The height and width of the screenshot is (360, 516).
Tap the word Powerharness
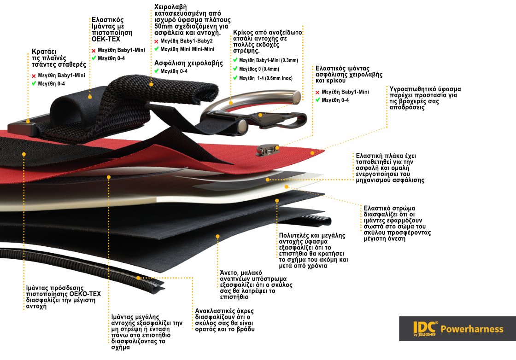pyautogui.click(x=472, y=329)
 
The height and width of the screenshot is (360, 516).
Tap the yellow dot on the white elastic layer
pyautogui.click(x=287, y=186)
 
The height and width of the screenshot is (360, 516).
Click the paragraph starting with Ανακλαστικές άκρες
pyautogui.click(x=224, y=320)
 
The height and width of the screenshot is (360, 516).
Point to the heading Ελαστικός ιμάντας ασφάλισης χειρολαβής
pyautogui.click(x=349, y=74)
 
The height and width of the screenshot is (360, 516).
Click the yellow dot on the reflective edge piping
pyautogui.click(x=139, y=278)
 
